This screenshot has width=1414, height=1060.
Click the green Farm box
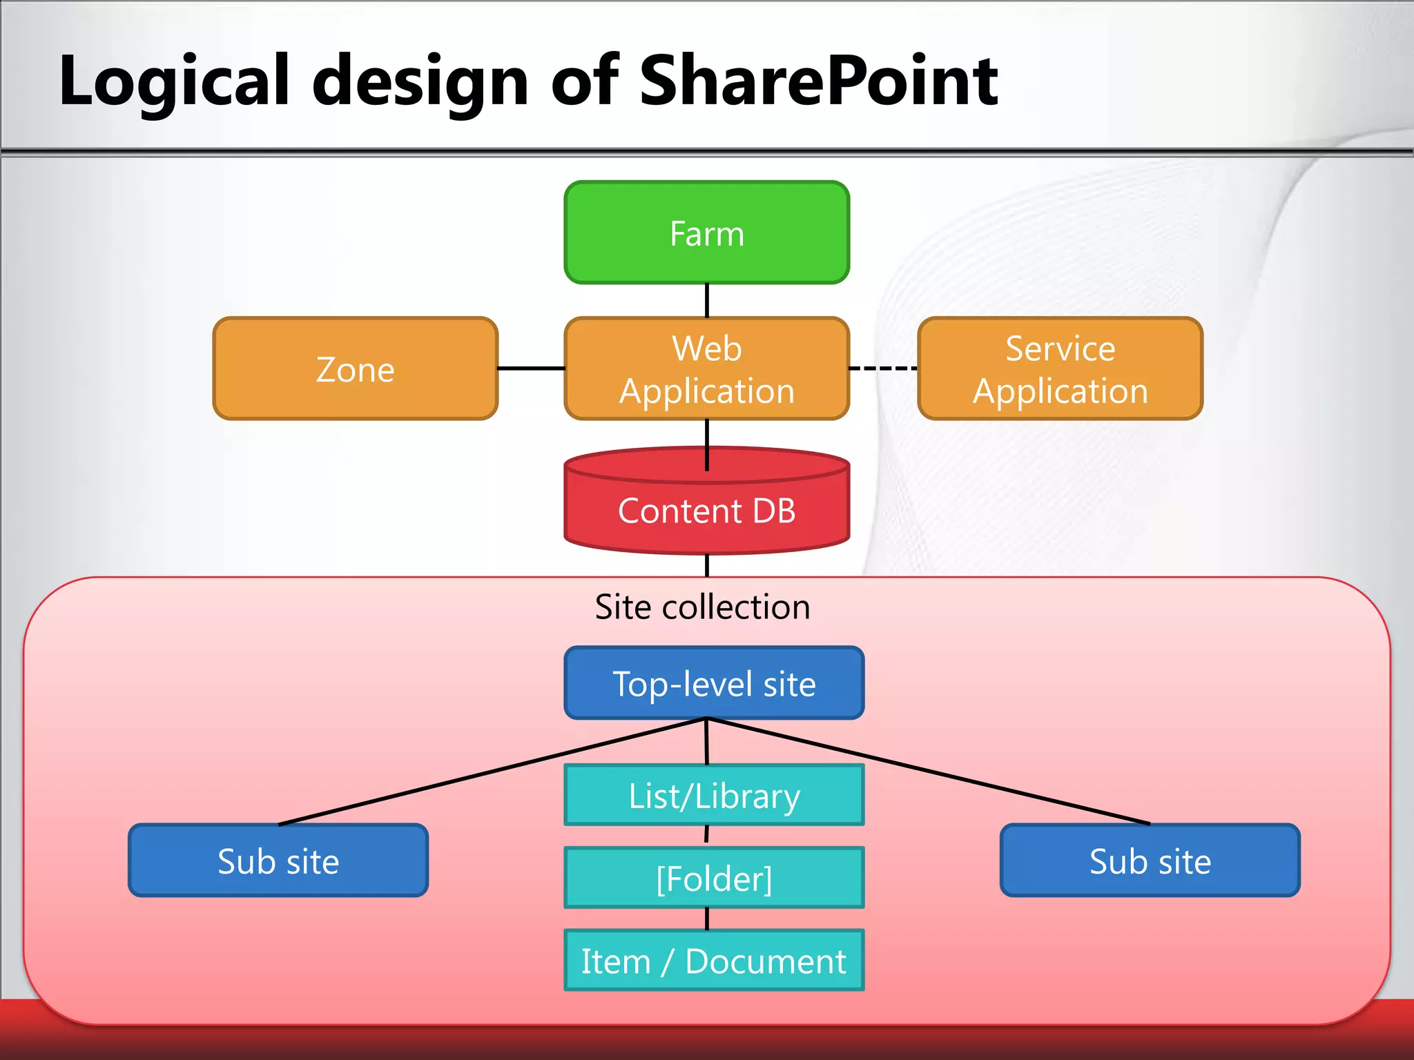click(x=706, y=233)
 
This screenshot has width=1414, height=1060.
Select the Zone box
click(x=355, y=369)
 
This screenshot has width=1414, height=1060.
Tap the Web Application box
click(x=706, y=369)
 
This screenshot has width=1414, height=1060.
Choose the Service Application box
click(x=1060, y=369)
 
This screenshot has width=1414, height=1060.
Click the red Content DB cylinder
click(x=706, y=511)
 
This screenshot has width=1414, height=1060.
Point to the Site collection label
click(x=702, y=607)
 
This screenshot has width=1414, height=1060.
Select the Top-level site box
click(x=714, y=683)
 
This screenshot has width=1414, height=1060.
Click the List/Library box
click(x=714, y=795)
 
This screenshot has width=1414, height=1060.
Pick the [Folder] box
click(x=714, y=878)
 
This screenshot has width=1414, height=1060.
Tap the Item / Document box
click(x=714, y=961)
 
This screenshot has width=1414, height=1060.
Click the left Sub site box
click(x=278, y=861)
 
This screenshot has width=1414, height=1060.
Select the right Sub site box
click(x=1150, y=861)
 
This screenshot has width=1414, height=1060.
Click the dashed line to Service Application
click(x=883, y=369)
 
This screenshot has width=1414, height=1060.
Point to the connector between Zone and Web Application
click(x=531, y=369)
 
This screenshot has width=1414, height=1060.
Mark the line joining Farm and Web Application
click(x=707, y=300)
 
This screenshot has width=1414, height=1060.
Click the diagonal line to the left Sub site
click(x=492, y=772)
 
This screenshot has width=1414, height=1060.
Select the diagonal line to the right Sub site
click(x=929, y=772)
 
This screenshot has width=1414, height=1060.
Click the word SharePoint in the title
click(x=819, y=81)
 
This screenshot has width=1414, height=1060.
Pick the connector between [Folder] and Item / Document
click(x=707, y=919)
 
